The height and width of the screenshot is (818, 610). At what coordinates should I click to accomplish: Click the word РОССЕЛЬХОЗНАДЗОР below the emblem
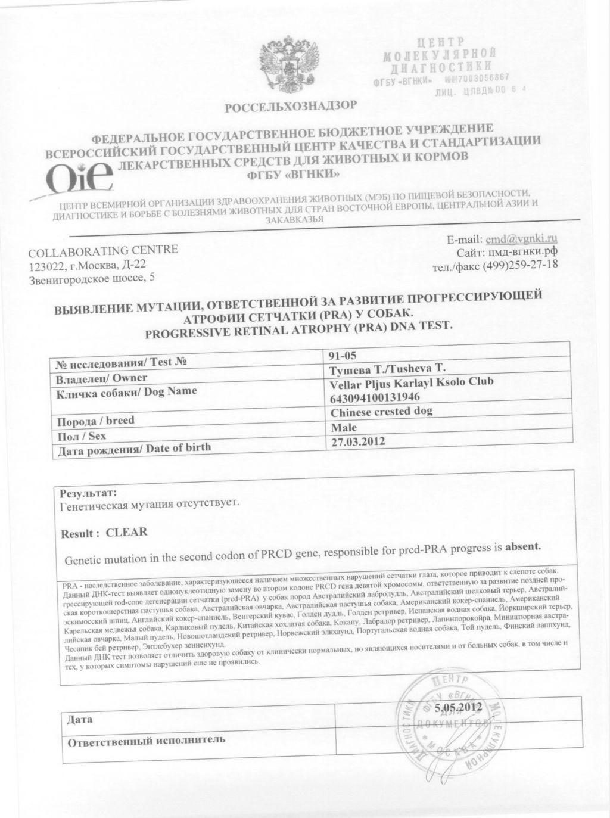point(291,107)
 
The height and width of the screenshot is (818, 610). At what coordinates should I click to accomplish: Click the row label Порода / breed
point(95,421)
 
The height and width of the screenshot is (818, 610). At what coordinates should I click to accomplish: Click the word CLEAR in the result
point(126,532)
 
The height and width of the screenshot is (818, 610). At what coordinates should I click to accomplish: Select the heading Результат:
point(88,493)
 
